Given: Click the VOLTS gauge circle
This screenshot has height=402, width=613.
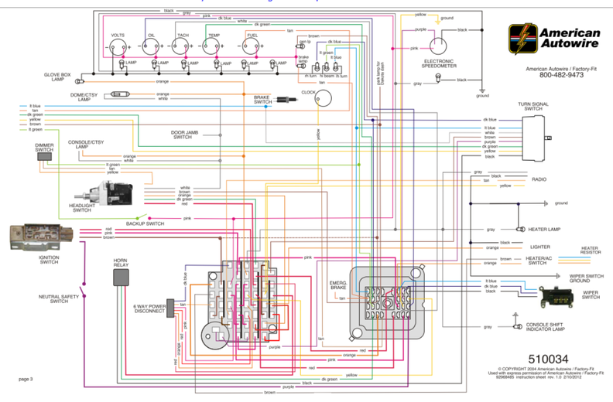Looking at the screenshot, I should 118,45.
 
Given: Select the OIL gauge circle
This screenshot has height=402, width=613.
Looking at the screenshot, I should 152,45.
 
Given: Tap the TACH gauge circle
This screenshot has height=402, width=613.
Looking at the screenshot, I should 183,45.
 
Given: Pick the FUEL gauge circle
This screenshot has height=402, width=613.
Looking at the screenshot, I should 252,45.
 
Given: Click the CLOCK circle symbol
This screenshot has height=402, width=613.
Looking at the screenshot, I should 324,97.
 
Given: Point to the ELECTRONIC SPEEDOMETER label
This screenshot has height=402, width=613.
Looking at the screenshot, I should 438,63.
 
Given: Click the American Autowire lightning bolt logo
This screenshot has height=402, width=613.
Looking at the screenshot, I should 521,36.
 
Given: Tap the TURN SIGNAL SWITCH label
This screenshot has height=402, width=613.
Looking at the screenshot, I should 535,106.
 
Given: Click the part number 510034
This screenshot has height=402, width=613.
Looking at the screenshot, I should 548,359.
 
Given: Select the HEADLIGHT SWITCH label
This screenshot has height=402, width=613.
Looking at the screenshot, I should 82,208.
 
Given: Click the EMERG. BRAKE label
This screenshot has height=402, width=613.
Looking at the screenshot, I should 337,285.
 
